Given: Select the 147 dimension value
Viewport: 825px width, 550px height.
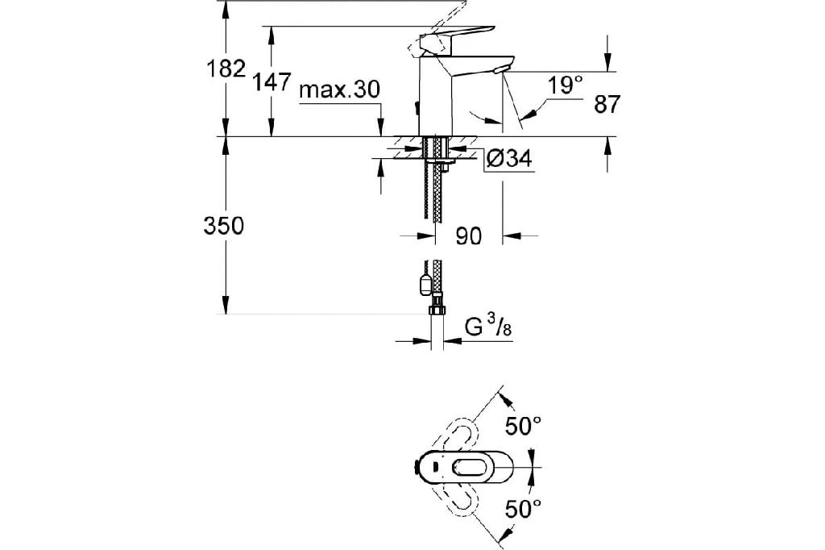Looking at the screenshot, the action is [x=272, y=81].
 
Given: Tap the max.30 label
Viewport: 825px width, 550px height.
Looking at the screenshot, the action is [x=339, y=90].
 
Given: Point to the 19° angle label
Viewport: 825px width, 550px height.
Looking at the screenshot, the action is [x=565, y=85].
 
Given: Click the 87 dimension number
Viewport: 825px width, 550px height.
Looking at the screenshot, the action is [x=607, y=104].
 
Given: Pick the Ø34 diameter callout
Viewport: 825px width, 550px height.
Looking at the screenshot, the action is [x=509, y=158].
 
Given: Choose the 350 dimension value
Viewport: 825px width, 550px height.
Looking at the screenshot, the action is [x=224, y=226].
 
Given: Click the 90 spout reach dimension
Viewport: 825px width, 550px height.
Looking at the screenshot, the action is [x=468, y=236].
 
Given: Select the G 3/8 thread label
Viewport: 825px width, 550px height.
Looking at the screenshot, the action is [x=488, y=327].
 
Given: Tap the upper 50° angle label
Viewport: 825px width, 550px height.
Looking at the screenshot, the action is [x=524, y=426].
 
